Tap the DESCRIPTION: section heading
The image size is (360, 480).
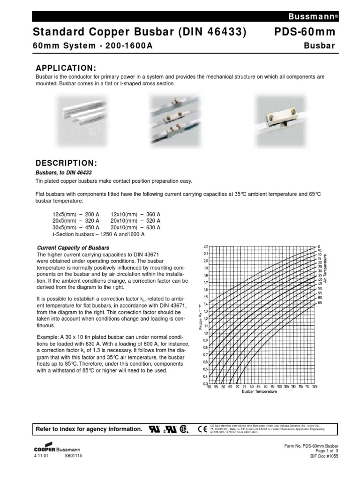(x=66, y=163)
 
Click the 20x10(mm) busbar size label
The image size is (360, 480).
(x=124, y=220)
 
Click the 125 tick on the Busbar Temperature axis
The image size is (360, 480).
(x=314, y=387)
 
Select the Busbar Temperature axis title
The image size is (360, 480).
(x=259, y=392)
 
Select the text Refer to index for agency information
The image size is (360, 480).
(x=89, y=429)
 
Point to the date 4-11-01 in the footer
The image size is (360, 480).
(x=41, y=455)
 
